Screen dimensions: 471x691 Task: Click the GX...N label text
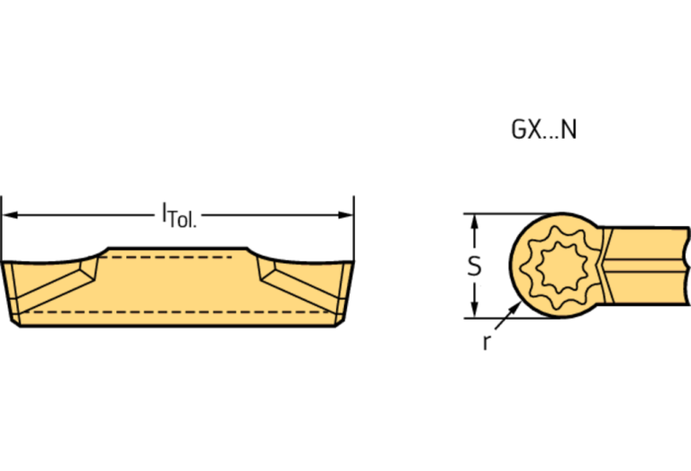tap(543, 130)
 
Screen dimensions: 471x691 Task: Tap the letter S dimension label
tap(475, 267)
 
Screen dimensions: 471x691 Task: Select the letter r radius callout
tap(486, 343)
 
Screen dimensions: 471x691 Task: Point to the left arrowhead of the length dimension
tap(10, 214)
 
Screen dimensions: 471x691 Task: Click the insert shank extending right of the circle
tap(649, 267)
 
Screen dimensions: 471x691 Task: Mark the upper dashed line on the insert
tap(171, 258)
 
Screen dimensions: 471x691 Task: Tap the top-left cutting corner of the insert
tap(5, 265)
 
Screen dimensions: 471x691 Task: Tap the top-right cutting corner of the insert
tap(351, 265)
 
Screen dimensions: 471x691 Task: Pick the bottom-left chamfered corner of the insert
tap(17, 322)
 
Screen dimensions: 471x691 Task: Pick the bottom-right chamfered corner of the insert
tap(339, 322)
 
